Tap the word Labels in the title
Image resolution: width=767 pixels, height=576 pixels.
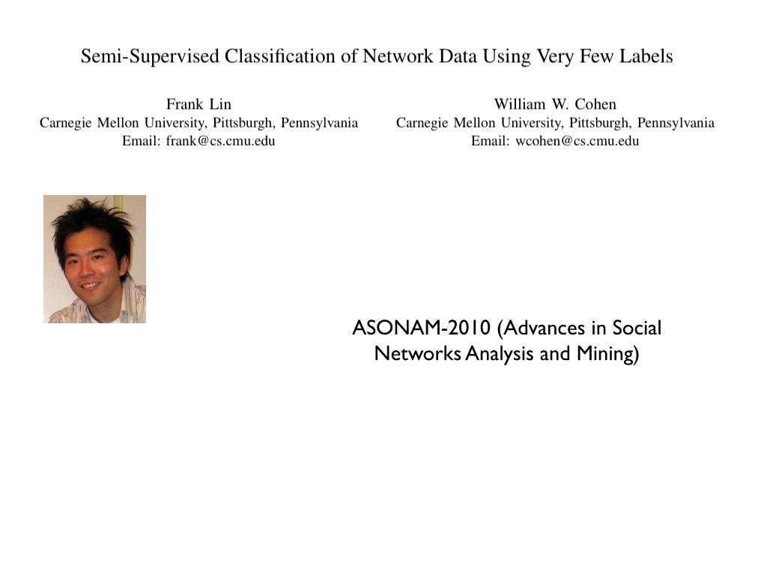click(646, 55)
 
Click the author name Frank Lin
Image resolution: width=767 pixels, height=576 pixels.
click(198, 103)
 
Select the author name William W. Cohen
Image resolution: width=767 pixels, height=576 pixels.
click(555, 103)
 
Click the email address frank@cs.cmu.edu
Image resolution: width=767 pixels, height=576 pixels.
click(221, 141)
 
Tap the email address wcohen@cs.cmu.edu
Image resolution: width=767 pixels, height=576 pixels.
click(577, 141)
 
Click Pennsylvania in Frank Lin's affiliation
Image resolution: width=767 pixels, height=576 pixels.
click(319, 122)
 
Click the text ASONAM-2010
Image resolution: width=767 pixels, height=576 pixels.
click(421, 328)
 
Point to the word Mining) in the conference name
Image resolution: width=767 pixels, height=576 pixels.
click(607, 354)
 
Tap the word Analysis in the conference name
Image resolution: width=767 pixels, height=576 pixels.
click(499, 354)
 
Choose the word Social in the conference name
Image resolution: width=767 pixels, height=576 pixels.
click(637, 328)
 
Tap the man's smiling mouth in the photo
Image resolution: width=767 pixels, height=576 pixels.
click(91, 284)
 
